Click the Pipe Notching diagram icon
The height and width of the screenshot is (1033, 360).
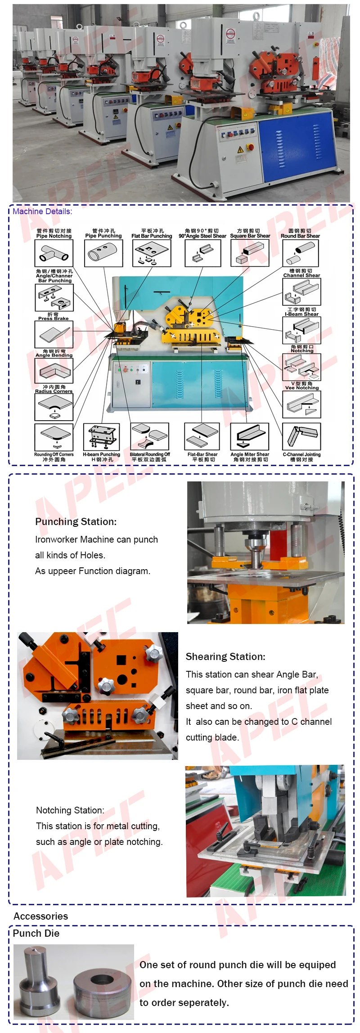coord(54,253)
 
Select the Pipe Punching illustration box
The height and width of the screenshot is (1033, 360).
coord(103,253)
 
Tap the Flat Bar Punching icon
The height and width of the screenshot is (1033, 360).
coord(152,253)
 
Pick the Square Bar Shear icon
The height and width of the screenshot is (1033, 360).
coord(250,253)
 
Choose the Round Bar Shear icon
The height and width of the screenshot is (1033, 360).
coord(300,253)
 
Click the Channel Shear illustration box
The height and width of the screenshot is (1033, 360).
coord(301,292)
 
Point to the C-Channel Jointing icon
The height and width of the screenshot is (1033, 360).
coord(301,436)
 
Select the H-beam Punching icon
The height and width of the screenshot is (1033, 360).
coord(102,437)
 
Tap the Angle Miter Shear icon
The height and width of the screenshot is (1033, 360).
coord(250,436)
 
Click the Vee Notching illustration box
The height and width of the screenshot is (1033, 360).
coord(301,404)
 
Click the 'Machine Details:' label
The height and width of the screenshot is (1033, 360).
coord(42,211)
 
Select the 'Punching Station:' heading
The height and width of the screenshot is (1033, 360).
coord(76,522)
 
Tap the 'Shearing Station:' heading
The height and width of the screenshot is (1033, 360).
coord(225,657)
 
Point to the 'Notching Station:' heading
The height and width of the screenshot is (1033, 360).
coord(70,810)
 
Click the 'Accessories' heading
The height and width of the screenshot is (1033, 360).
coord(40,916)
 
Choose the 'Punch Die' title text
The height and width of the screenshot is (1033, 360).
coord(36,933)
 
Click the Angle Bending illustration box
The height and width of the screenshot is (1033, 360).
coord(54,371)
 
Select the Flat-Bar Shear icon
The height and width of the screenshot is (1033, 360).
coord(202,436)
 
